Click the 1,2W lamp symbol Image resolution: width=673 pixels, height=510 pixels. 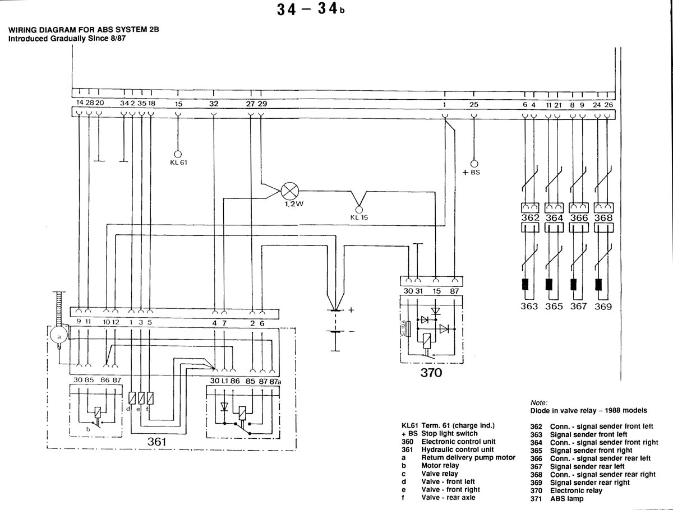click(290, 191)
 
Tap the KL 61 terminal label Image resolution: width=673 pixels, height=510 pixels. click(178, 163)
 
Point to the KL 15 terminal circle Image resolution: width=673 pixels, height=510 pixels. click(359, 210)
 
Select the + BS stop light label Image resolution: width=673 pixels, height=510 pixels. click(471, 173)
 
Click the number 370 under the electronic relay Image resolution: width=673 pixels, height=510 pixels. click(431, 373)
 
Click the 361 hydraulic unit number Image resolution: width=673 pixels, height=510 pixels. click(156, 442)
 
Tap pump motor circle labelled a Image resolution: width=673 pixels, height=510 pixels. click(59, 337)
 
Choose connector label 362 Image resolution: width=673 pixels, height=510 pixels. click(530, 217)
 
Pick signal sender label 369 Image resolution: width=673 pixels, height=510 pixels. click(603, 307)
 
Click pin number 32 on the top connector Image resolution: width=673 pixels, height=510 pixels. click(214, 104)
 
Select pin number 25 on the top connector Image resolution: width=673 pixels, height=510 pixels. click(474, 105)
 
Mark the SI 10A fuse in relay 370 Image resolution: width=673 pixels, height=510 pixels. click(408, 328)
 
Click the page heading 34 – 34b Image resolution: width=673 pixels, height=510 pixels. click(311, 9)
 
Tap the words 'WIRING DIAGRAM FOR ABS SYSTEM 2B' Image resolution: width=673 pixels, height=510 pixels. click(84, 30)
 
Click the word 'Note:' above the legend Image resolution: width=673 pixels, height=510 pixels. click(539, 403)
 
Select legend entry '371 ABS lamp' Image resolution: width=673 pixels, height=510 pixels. click(557, 499)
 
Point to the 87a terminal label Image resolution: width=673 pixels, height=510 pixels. click(275, 381)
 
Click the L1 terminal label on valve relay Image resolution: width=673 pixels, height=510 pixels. click(225, 381)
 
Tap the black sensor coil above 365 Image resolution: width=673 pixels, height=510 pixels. click(549, 284)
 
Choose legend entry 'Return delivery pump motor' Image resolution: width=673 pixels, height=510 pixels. click(468, 458)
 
